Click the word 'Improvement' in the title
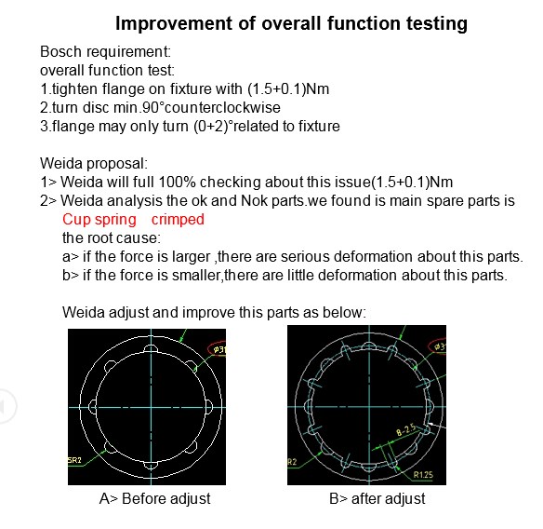174,24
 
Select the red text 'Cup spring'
99,220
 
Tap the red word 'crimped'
178,220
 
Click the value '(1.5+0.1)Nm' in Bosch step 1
288,89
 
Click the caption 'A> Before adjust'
154,499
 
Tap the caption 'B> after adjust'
377,499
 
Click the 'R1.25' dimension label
423,475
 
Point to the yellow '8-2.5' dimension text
406,429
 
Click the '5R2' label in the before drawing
74,460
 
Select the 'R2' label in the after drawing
292,462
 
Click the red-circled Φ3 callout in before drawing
218,349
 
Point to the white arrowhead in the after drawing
430,424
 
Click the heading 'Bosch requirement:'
106,51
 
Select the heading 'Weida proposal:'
94,163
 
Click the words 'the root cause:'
112,238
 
